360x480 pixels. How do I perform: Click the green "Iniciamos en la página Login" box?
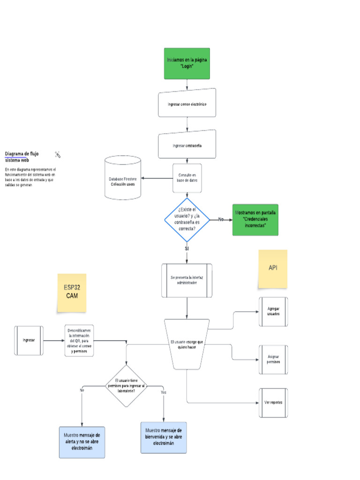pos(187,63)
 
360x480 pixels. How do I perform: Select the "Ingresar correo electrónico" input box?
pos(187,103)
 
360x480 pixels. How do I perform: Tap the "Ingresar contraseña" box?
pos(187,145)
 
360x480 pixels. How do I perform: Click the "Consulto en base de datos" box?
pos(187,178)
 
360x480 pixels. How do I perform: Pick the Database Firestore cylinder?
pos(122,178)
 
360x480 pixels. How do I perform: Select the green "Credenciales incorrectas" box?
pos(255,219)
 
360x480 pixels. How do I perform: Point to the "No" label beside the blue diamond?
pos(221,219)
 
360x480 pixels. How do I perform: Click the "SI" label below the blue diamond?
pos(187,248)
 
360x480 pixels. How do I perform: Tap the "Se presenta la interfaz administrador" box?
pos(187,280)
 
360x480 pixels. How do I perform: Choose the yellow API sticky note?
pos(272,269)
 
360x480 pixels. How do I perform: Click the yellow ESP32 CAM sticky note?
pos(72,292)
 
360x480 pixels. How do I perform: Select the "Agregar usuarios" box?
pos(273,312)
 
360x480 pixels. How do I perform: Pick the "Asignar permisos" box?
pos(273,360)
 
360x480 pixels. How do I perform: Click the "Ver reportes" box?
pos(273,403)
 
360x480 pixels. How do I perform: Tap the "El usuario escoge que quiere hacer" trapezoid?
pos(187,345)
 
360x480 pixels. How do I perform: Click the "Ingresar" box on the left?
pos(29,340)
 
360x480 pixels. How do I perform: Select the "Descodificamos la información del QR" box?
pos(79,341)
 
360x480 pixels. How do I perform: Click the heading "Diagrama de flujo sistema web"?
pos(22,157)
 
